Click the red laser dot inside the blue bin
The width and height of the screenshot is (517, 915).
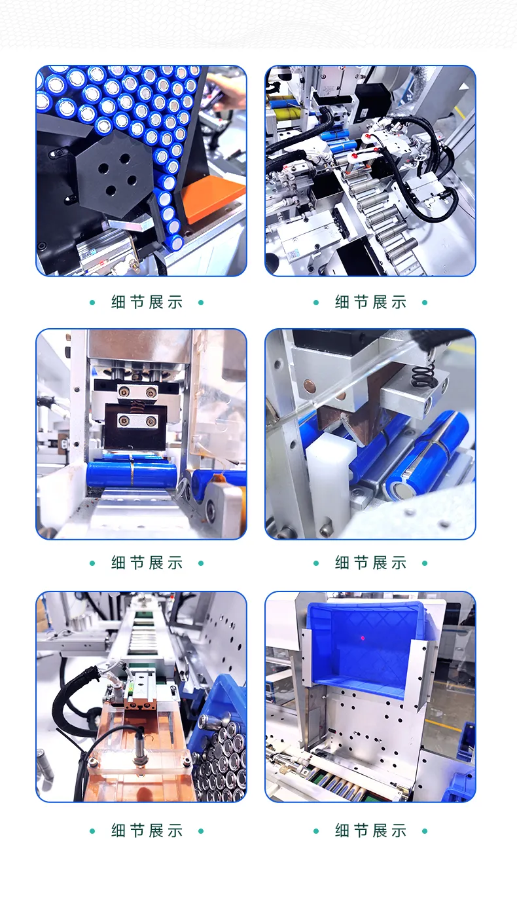tap(363, 638)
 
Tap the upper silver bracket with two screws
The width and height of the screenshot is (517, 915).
tap(137, 392)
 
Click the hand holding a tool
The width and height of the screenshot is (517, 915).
tap(228, 90)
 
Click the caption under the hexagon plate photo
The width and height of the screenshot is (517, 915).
tap(147, 303)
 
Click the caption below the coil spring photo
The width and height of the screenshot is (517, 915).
tap(370, 563)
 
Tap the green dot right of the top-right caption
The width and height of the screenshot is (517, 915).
tap(425, 303)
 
